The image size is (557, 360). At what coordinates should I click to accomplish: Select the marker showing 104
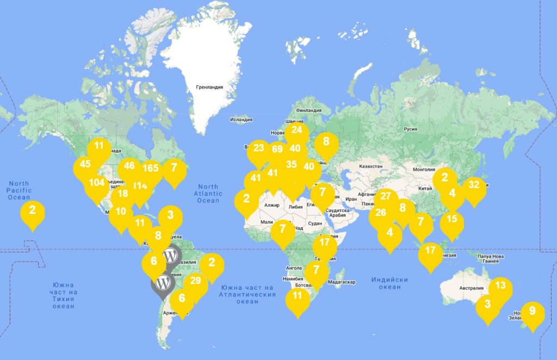[x=97, y=183]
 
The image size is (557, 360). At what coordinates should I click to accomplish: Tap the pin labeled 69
[x=277, y=150]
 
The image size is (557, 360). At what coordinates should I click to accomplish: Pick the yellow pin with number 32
[x=474, y=184]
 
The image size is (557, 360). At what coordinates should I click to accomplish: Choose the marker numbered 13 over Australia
[x=501, y=285]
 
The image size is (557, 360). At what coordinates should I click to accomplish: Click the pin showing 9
[x=533, y=312]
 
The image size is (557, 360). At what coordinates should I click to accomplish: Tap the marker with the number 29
[x=196, y=281]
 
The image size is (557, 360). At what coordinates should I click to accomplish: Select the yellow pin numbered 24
[x=296, y=131]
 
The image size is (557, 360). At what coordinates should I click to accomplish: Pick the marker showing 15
[x=452, y=220]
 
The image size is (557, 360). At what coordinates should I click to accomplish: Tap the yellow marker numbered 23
[x=258, y=148]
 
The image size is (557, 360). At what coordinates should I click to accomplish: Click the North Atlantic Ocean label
[x=208, y=193]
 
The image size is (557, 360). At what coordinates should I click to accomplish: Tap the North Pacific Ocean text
[x=19, y=190]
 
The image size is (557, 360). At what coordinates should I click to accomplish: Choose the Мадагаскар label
[x=342, y=282]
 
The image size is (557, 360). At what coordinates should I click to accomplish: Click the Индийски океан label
[x=390, y=283]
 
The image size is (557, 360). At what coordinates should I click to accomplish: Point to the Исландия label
[x=241, y=119]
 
